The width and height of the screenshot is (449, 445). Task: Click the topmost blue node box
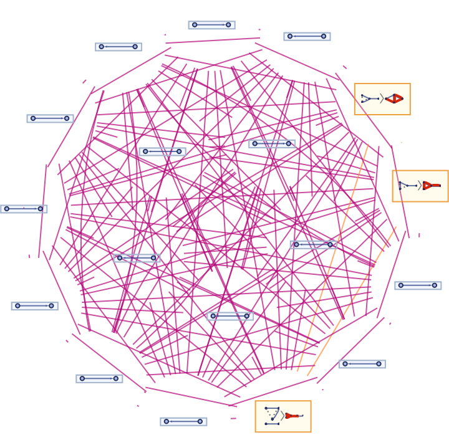point(211,25)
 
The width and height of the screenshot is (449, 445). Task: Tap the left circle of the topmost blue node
point(195,25)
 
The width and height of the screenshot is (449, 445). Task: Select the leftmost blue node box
point(24,209)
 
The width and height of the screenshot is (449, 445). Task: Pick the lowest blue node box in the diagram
point(183,421)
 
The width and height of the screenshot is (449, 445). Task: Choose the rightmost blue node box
point(418,285)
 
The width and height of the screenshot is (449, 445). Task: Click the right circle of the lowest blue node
point(200,421)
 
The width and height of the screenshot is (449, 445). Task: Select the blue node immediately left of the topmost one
point(118,47)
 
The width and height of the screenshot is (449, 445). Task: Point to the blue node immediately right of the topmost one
point(307,36)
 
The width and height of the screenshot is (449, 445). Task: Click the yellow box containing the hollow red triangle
point(382,99)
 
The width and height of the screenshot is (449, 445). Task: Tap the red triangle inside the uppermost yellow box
point(395,98)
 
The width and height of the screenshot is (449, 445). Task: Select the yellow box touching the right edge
point(420,186)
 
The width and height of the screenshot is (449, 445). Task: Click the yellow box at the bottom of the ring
point(282,416)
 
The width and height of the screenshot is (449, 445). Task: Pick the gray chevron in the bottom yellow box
point(282,416)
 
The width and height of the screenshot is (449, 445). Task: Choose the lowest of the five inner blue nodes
point(230,316)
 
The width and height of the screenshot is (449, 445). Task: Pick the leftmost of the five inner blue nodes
point(137,258)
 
